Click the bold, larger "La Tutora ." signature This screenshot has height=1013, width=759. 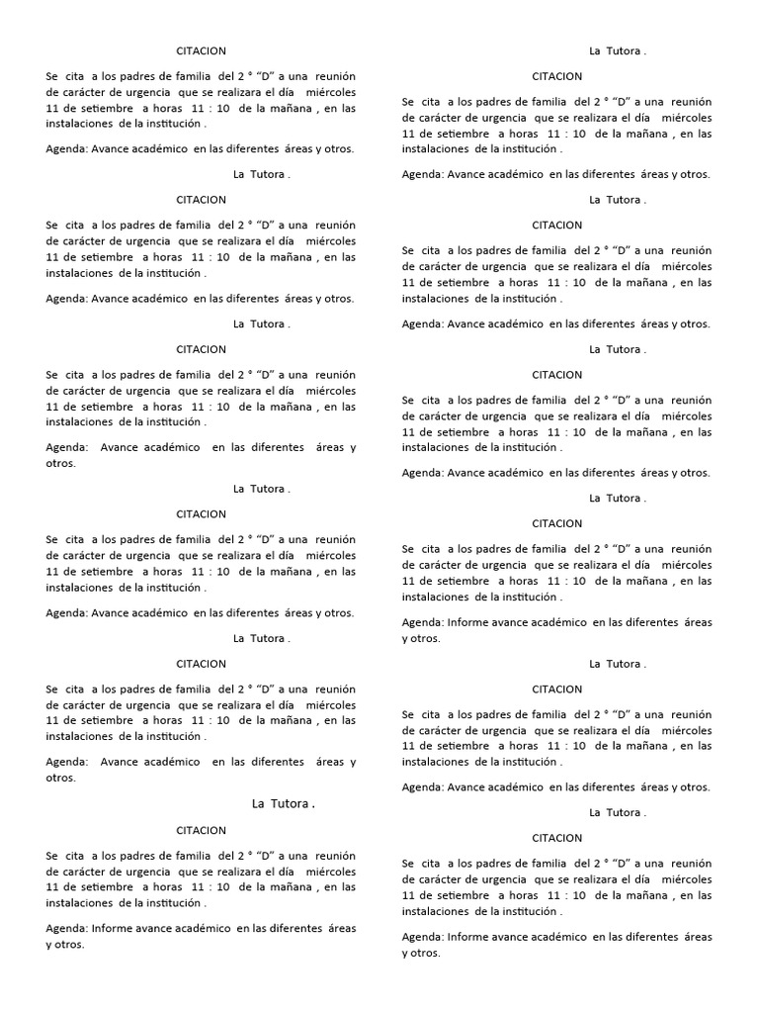[284, 804]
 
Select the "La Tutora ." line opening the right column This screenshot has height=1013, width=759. [618, 50]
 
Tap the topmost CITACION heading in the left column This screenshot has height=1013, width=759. [201, 50]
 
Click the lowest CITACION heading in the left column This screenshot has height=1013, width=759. [201, 830]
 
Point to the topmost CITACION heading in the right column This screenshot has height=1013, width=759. [556, 76]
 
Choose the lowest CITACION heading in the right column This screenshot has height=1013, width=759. [556, 838]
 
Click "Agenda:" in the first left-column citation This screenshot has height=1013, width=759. [66, 149]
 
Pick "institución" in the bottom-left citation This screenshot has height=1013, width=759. [168, 903]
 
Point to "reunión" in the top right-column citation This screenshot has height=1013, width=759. [691, 102]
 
